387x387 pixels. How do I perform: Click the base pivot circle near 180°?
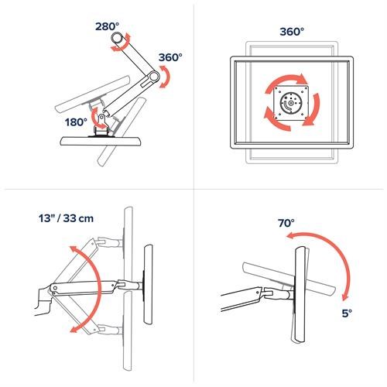(100, 118)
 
